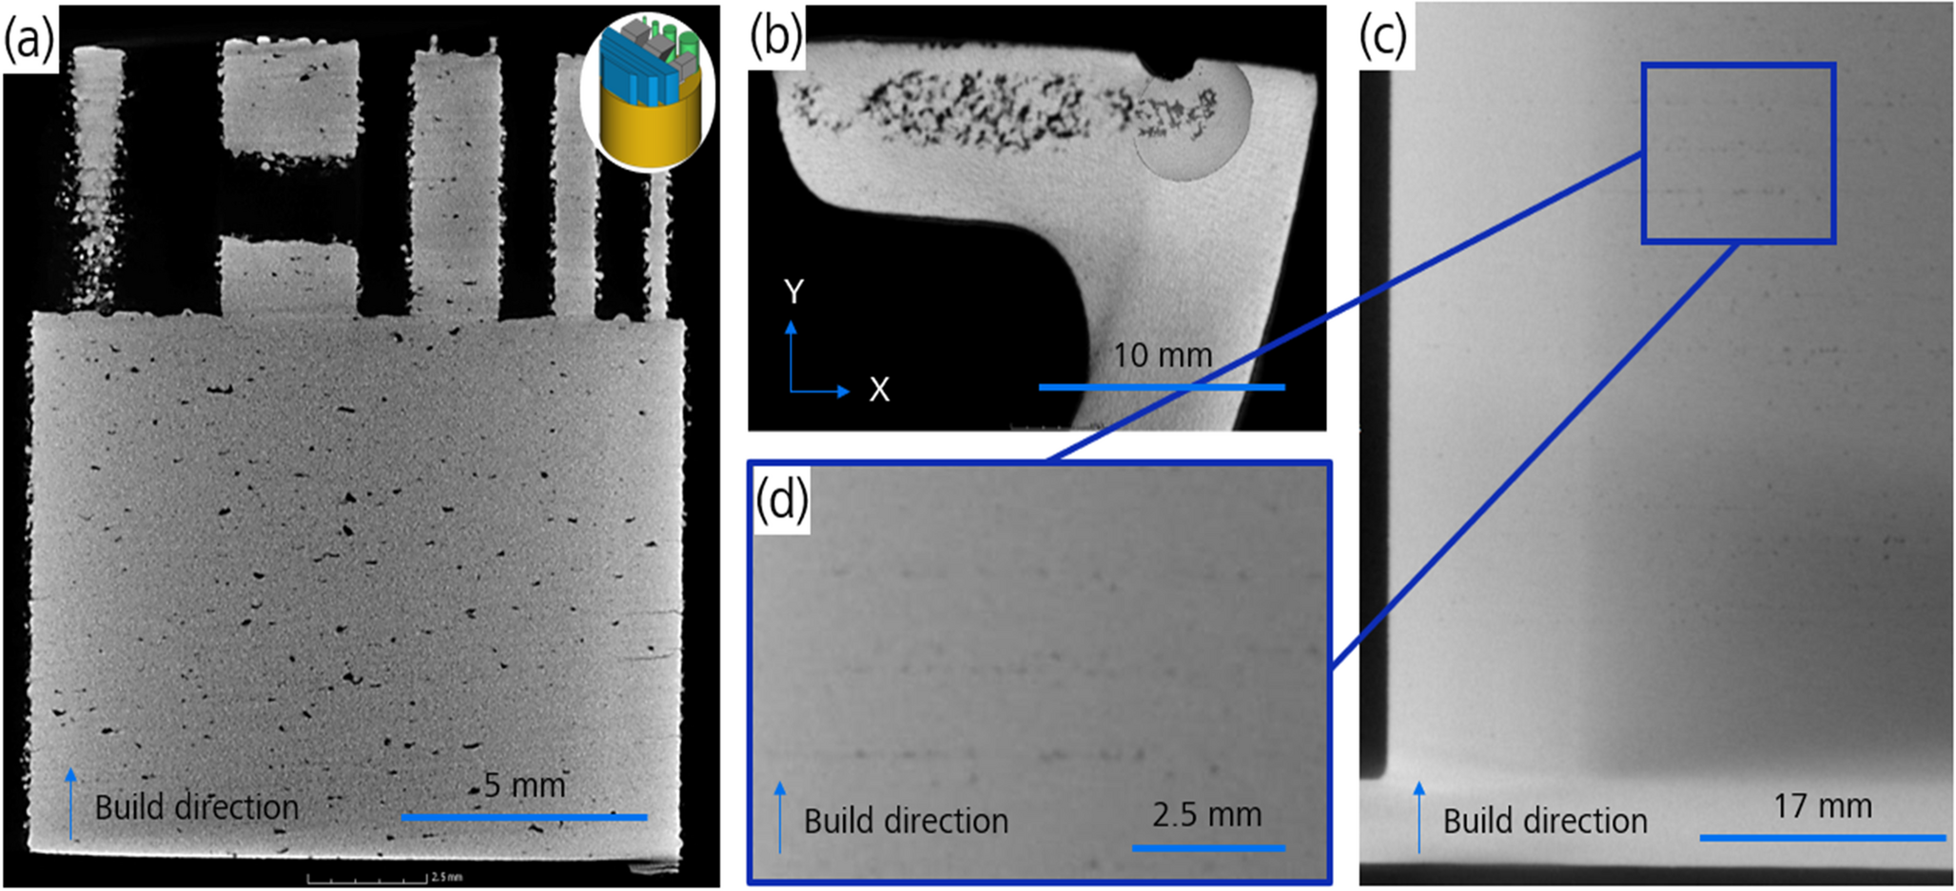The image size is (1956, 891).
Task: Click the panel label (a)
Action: click(29, 41)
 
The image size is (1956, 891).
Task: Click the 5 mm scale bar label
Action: click(524, 785)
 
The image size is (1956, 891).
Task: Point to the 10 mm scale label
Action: click(1163, 356)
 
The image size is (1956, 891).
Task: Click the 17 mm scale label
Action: click(1822, 806)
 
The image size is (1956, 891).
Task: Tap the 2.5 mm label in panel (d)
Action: click(1206, 815)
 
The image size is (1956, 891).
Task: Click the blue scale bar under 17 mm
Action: click(1822, 838)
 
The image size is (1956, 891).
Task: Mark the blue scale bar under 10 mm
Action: click(1162, 387)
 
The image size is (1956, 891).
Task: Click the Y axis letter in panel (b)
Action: click(793, 292)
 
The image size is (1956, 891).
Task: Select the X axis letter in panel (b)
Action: click(878, 390)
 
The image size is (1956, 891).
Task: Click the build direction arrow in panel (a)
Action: click(70, 804)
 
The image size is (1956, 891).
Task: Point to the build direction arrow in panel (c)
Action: click(1419, 816)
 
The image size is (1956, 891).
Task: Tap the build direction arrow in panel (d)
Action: click(780, 816)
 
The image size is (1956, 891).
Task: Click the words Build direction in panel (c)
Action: click(1544, 822)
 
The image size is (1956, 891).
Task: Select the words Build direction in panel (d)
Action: click(905, 822)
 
